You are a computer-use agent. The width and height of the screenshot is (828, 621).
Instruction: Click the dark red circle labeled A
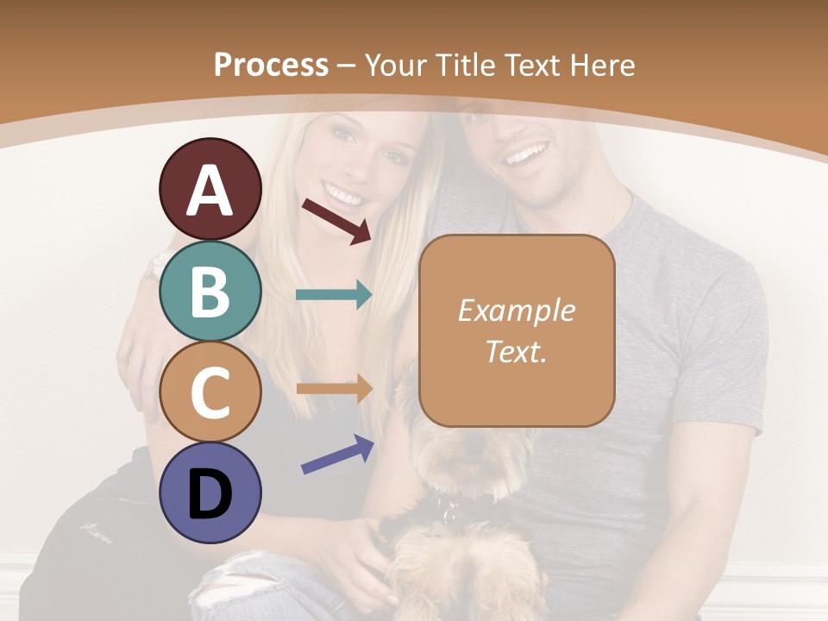click(x=210, y=190)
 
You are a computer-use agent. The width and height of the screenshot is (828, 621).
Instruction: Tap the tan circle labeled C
click(x=210, y=392)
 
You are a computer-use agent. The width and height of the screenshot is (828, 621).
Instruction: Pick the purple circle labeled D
click(x=210, y=492)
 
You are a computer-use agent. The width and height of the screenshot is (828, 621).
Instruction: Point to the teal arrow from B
click(x=334, y=295)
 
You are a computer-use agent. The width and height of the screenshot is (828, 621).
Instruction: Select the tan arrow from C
click(x=334, y=388)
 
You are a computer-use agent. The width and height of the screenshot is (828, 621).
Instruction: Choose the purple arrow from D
click(x=337, y=454)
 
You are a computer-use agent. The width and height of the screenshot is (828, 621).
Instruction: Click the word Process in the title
click(x=271, y=65)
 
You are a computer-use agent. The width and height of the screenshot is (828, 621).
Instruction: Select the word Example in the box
click(x=516, y=310)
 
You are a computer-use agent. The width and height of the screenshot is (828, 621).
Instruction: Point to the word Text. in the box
click(x=516, y=351)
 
